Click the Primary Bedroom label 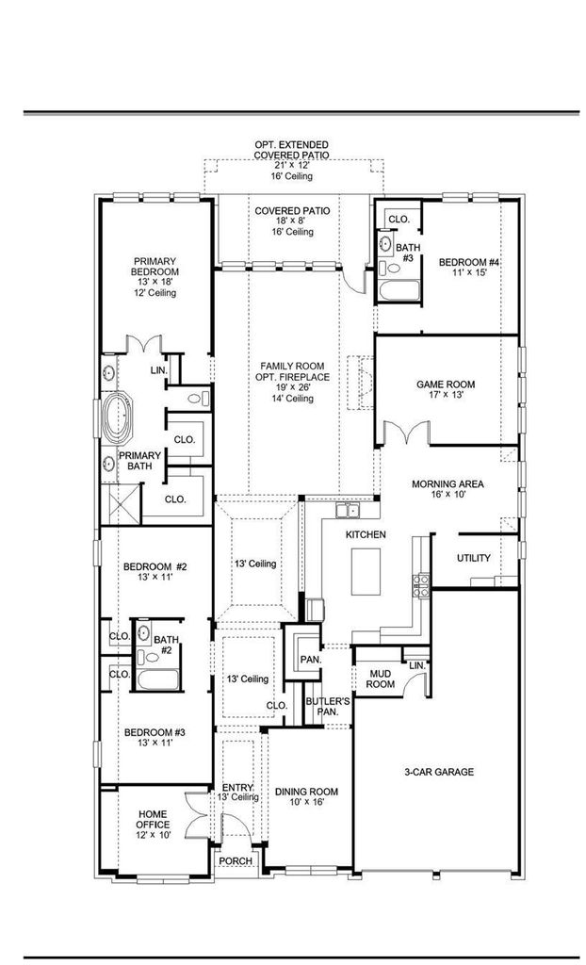[155, 266]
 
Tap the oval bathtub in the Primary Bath [118, 419]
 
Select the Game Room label [445, 384]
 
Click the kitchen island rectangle [366, 571]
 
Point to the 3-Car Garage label [439, 771]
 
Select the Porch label [236, 861]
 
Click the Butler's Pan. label [321, 707]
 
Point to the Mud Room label [381, 679]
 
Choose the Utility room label [473, 558]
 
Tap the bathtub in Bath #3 [399, 291]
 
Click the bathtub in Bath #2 [157, 680]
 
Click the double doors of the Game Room [406, 431]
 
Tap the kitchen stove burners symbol [422, 586]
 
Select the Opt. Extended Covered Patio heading [292, 150]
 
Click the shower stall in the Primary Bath [122, 503]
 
